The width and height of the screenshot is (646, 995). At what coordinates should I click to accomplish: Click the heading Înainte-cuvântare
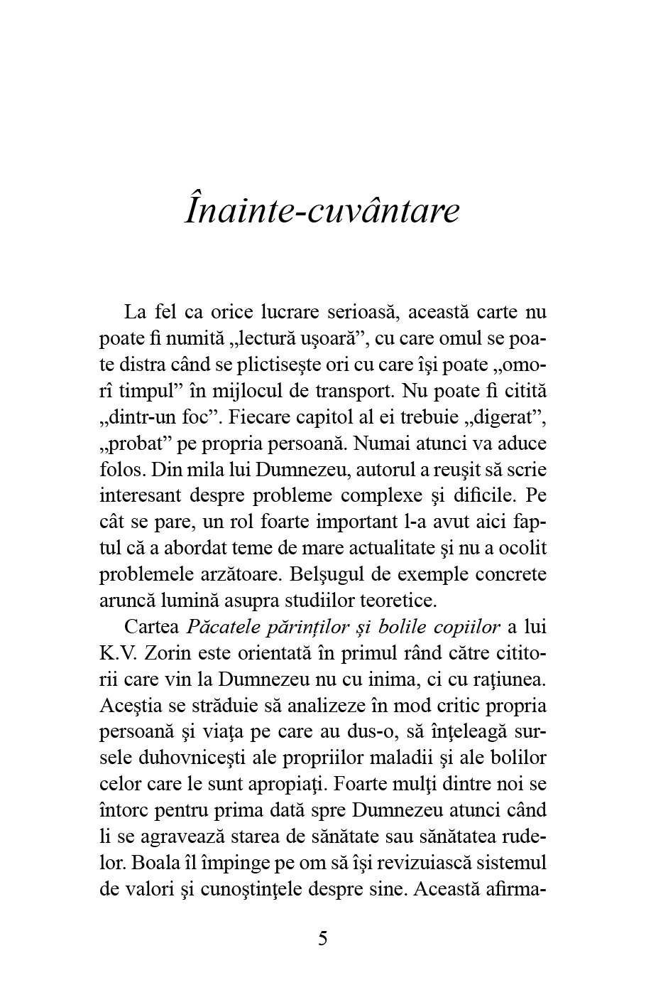coord(322,211)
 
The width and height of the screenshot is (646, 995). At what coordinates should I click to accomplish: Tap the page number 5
coord(323,939)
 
